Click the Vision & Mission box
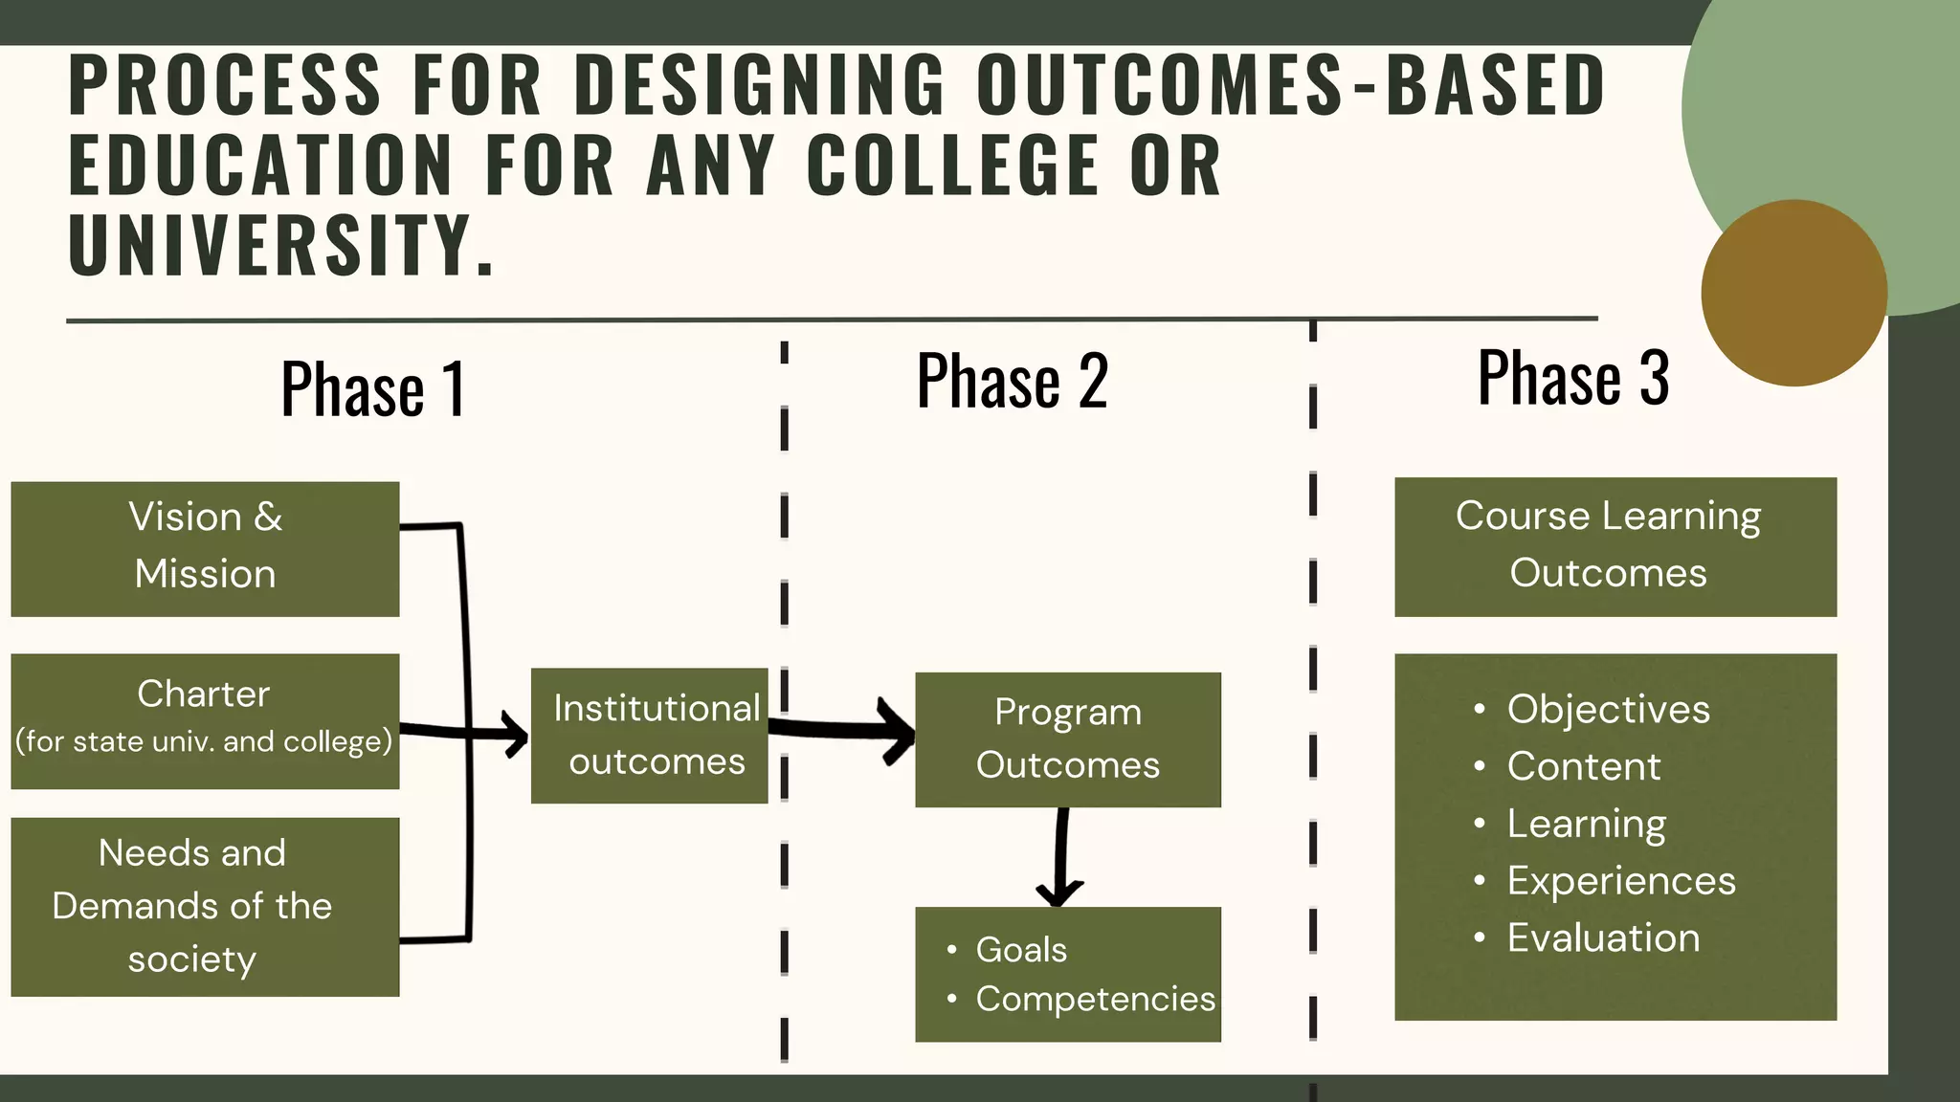205,548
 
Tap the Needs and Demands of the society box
205,906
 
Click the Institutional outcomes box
650,735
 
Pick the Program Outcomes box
1067,738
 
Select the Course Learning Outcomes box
1615,546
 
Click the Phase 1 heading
373,389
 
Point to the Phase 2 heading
1013,381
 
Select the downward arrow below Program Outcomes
1060,856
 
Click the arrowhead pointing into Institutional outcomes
517,735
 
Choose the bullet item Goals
1020,950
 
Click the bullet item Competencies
1095,999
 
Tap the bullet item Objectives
1608,710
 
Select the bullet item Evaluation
1603,937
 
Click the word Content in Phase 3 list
1584,766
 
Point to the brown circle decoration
1793,293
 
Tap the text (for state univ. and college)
204,741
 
